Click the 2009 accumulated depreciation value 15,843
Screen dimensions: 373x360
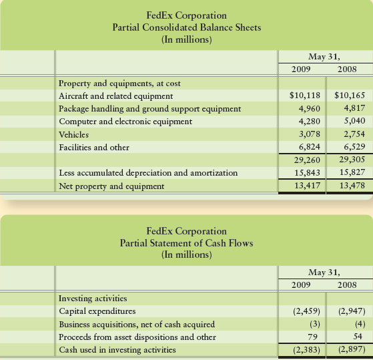click(x=305, y=172)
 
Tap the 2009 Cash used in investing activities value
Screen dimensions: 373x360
click(x=304, y=350)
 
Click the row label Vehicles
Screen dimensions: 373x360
click(x=74, y=134)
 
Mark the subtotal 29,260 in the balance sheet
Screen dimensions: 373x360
click(x=305, y=160)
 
